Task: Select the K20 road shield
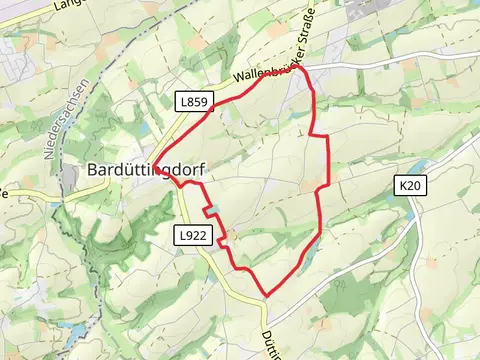[409, 185]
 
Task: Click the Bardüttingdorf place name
[146, 171]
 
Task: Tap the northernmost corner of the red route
[300, 68]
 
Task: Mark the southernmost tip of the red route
[266, 296]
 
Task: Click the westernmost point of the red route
[154, 167]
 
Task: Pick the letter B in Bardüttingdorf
[93, 171]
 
